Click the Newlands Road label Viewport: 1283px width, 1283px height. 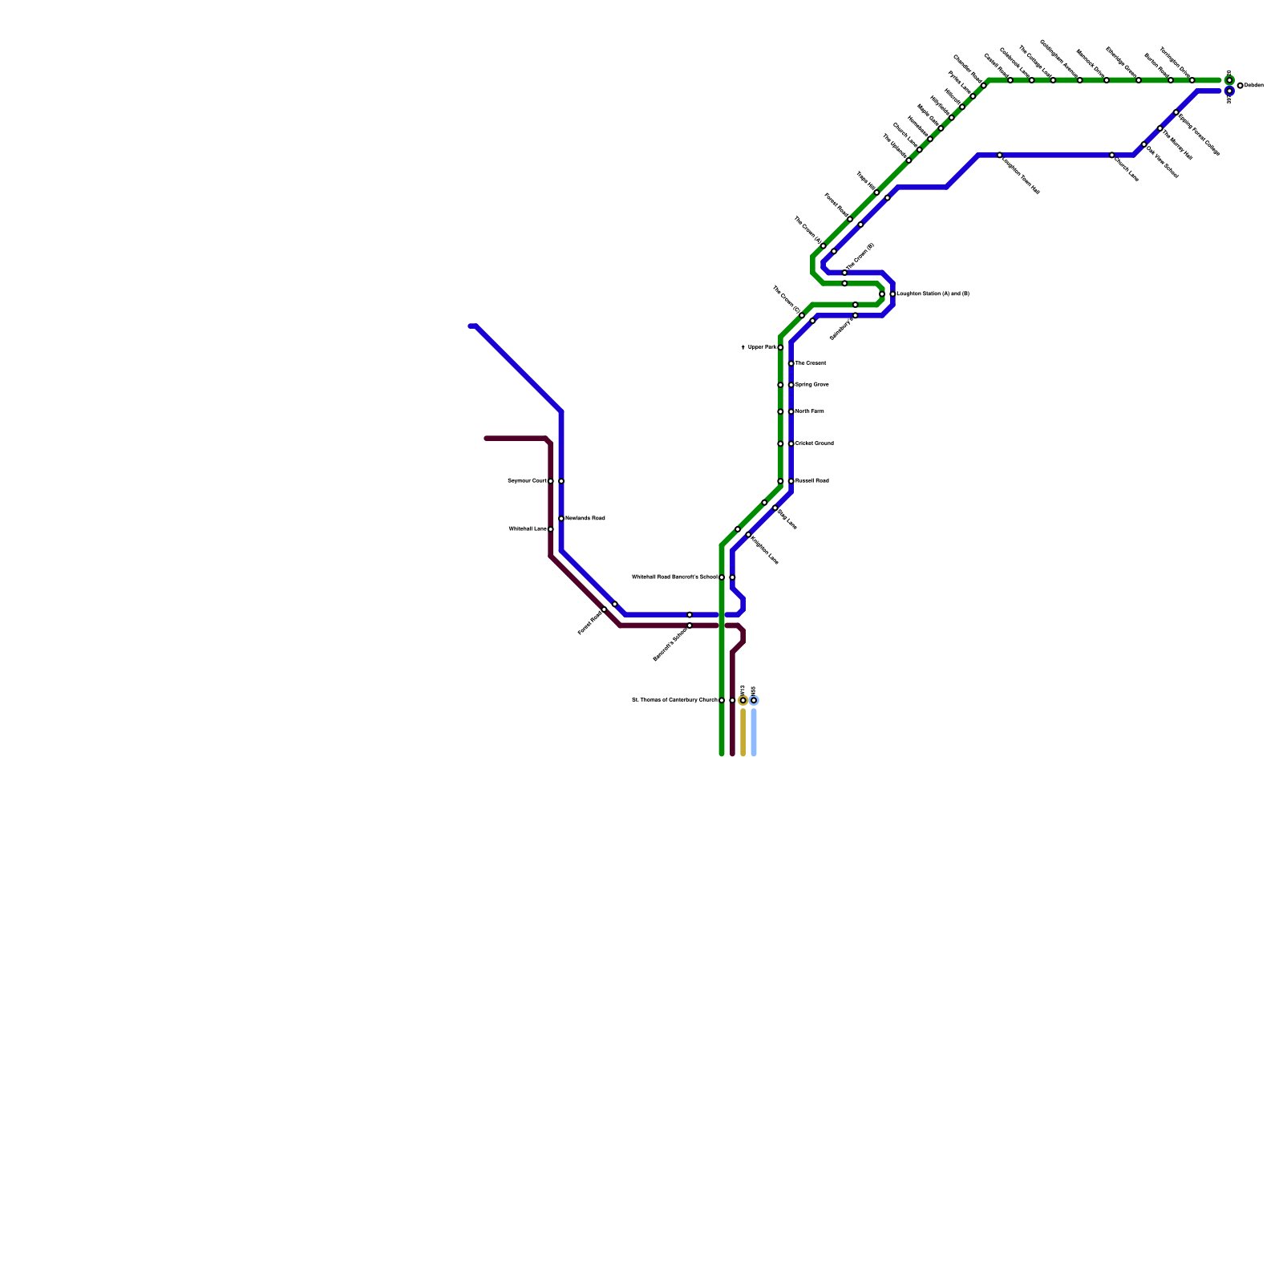pos(585,519)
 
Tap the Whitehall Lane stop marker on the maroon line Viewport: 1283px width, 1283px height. pos(551,529)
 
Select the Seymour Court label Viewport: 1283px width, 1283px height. pos(527,481)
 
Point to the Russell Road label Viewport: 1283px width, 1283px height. pos(811,481)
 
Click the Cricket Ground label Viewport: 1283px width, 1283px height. pos(814,443)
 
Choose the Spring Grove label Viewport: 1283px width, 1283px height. pos(811,385)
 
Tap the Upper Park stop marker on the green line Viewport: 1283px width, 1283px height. pos(780,347)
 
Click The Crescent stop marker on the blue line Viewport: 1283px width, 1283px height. pos(791,363)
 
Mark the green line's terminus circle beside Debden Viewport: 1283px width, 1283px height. pos(1229,80)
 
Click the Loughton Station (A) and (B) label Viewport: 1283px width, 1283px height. pos(933,294)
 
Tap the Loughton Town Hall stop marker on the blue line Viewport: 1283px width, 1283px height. pos(999,155)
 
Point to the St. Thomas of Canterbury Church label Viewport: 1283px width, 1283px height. pos(674,700)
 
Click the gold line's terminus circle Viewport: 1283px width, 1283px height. pos(743,700)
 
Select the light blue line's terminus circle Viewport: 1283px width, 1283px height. pos(754,700)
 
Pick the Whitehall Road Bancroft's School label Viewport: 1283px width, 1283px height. pos(674,577)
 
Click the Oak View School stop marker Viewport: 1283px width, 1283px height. pos(1143,144)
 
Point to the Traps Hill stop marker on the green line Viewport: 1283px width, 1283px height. pos(876,192)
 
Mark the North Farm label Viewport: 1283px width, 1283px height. pos(809,411)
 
